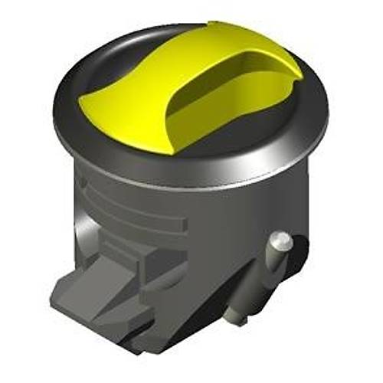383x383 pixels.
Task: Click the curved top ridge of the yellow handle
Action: click(x=230, y=38)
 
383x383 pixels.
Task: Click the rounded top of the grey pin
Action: click(x=280, y=241)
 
